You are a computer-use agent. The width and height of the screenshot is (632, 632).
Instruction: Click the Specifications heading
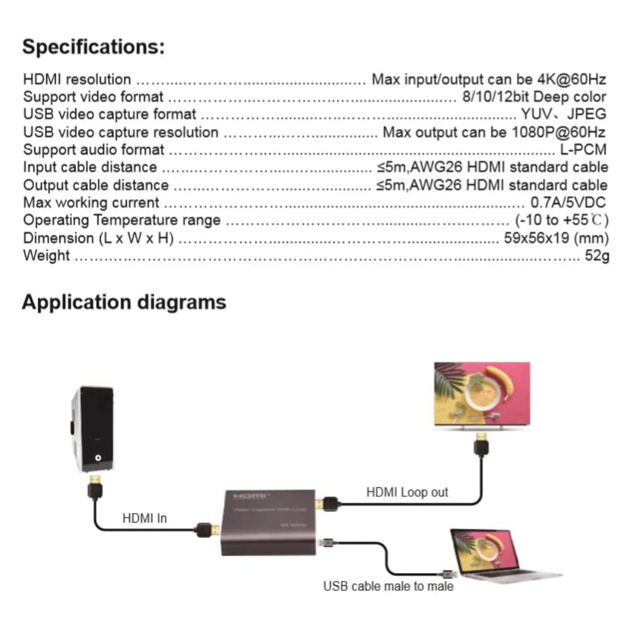[x=94, y=47]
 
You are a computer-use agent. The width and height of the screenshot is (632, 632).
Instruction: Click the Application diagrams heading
[x=124, y=302]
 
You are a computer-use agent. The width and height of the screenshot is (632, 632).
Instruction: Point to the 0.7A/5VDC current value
[x=568, y=203]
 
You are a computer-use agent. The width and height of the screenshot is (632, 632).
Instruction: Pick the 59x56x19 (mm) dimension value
[x=554, y=238]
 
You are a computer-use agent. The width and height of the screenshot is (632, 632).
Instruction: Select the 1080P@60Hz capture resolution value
[x=556, y=132]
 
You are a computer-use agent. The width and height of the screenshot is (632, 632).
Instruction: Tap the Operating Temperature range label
[x=122, y=221]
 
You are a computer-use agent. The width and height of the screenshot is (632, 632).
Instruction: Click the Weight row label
[x=47, y=256]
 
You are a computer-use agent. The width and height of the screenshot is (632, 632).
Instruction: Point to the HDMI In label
[x=145, y=518]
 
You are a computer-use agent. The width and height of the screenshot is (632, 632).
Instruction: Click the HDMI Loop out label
[x=407, y=492]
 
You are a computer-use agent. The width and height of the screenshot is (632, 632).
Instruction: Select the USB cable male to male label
[x=388, y=586]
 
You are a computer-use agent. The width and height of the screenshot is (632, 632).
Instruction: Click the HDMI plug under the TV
[x=482, y=444]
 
